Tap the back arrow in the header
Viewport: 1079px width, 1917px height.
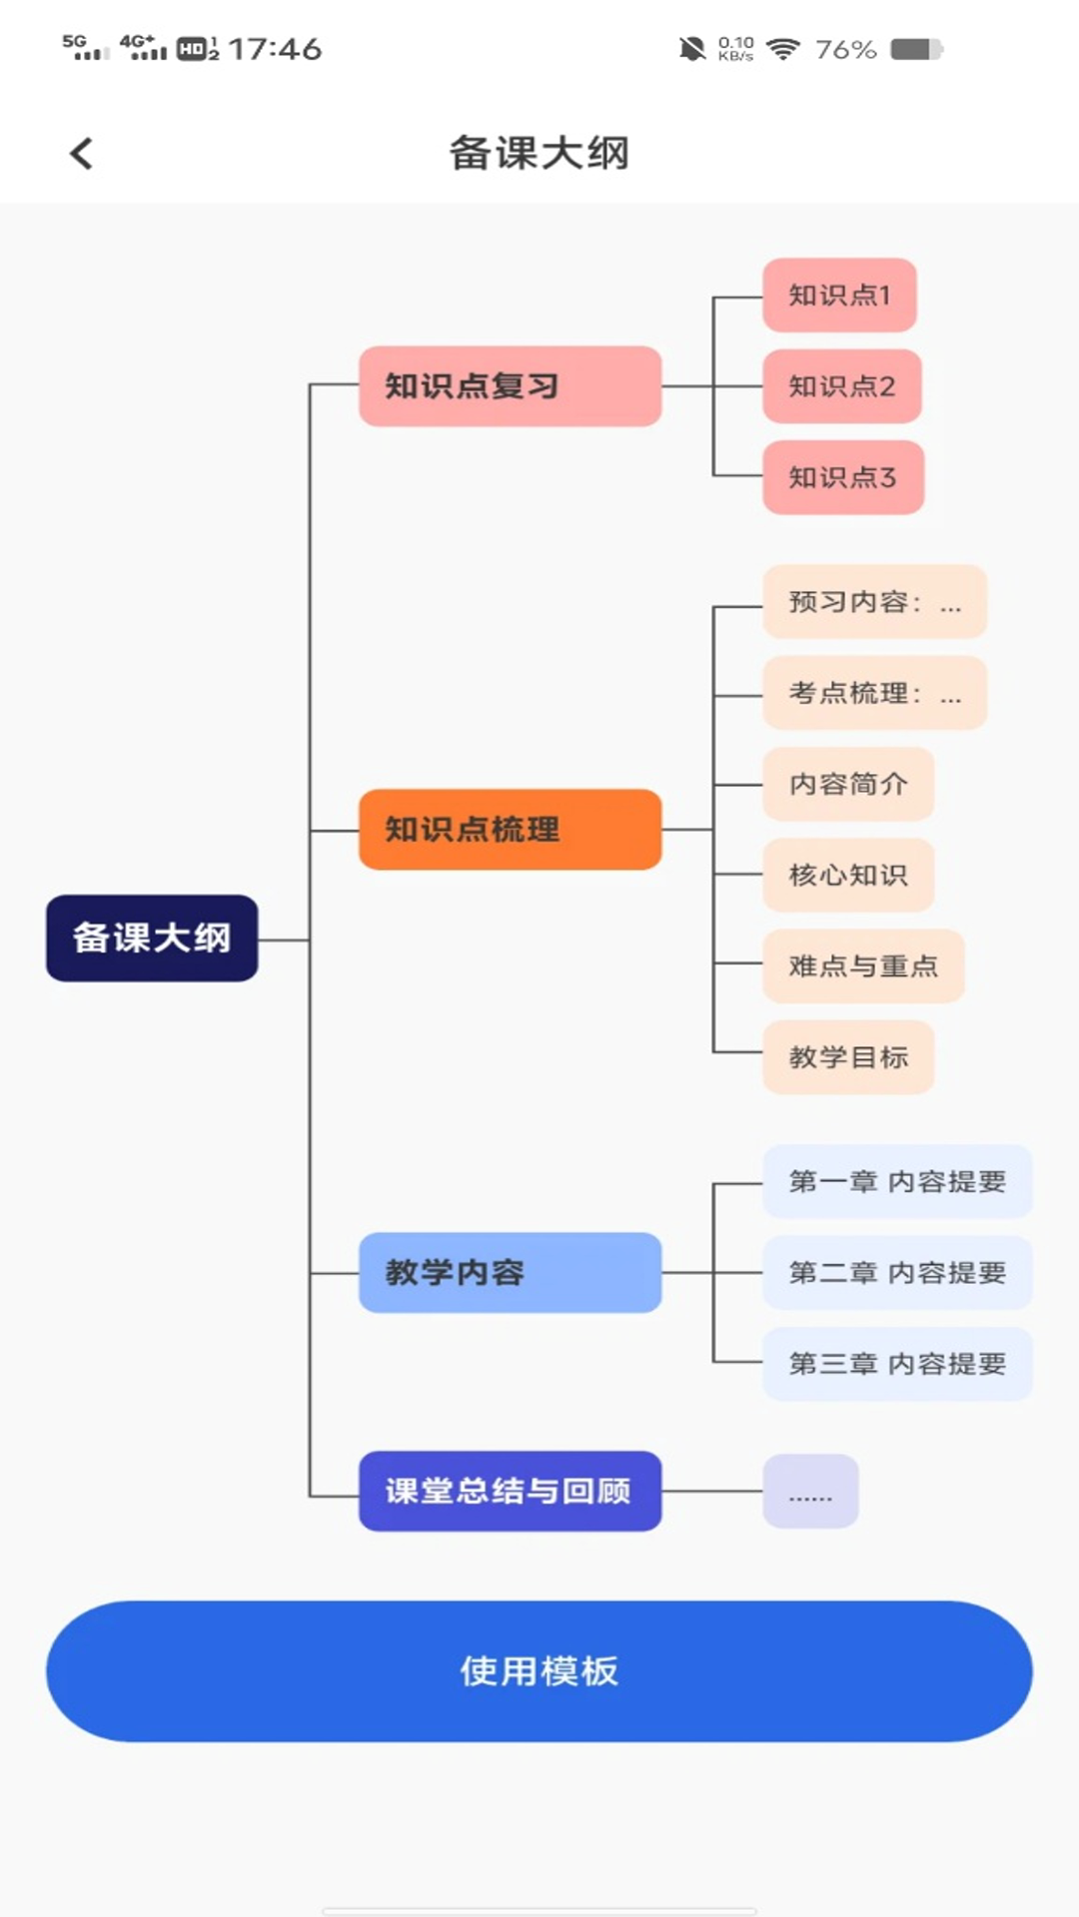(82, 154)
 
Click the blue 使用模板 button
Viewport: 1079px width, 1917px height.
(539, 1670)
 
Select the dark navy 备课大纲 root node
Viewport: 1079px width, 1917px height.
(152, 938)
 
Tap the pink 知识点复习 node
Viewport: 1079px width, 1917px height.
(510, 386)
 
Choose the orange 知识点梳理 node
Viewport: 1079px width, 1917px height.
(510, 829)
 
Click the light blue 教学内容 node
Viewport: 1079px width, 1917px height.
(510, 1272)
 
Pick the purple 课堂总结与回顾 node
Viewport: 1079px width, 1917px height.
(510, 1491)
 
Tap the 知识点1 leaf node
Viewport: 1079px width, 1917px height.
(839, 296)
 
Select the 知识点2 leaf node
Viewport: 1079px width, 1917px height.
(841, 386)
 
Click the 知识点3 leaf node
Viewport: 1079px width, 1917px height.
(842, 477)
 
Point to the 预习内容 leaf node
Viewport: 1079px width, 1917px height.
(874, 602)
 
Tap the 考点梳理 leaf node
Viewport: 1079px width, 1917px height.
(874, 693)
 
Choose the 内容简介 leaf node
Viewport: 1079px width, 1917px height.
(848, 784)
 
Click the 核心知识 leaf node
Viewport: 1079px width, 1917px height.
(848, 875)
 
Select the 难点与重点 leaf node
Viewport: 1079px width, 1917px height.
(863, 965)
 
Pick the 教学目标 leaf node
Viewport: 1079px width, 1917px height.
(848, 1056)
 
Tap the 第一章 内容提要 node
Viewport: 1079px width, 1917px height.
(897, 1181)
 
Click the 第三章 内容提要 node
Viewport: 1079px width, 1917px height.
(897, 1364)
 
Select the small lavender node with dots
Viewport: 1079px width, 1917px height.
(810, 1491)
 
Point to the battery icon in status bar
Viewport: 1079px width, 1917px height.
(916, 49)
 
